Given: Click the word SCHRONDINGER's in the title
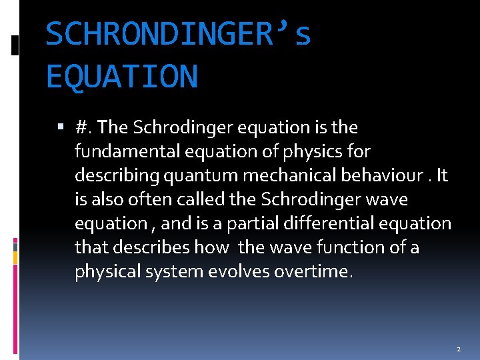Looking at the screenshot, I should pos(178,35).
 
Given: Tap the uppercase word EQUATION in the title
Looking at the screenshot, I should pos(122,75).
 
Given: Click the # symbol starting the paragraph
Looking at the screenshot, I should pos(83,127).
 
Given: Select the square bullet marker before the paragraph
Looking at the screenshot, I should pos(62,127).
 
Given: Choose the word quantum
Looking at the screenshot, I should pos(190,175).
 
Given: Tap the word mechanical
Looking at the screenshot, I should pos(282,175).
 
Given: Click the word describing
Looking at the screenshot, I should pos(111,175).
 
